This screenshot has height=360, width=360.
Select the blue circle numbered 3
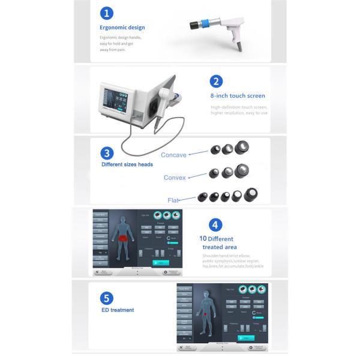[107, 152]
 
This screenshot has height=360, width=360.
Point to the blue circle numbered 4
[215, 226]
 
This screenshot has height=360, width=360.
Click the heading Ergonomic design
[122, 28]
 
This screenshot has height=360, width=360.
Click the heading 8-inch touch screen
[238, 96]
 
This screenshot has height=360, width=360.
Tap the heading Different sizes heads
[127, 164]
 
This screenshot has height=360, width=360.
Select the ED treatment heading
[118, 310]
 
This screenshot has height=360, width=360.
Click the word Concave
[174, 155]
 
